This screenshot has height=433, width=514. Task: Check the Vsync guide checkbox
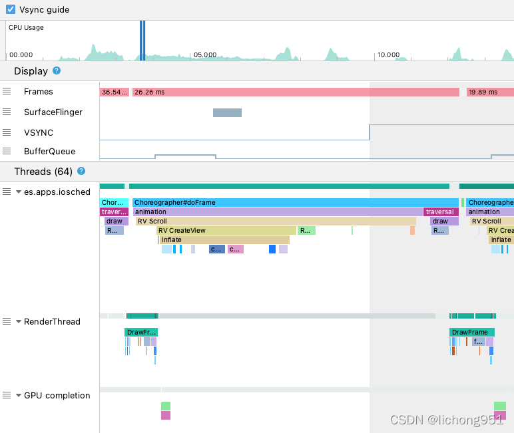coord(11,10)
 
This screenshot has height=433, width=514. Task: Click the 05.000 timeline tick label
coord(205,55)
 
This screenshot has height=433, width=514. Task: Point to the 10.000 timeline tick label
coord(388,55)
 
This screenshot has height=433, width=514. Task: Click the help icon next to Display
coord(57,71)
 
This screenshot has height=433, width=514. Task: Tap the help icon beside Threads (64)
coord(81,171)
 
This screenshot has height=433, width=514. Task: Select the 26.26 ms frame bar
coord(295,92)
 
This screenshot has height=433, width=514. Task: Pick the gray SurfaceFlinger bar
coord(227,112)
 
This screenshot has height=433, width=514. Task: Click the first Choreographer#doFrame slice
coord(295,202)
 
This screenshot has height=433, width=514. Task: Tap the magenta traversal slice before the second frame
coord(440,212)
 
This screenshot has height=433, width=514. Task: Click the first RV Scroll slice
coord(276,221)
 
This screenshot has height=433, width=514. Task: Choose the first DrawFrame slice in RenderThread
coord(140,332)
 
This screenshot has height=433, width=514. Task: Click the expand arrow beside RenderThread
coord(19,321)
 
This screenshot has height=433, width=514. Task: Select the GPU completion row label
coord(57,395)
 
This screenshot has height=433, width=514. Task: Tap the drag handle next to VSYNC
coord(7,132)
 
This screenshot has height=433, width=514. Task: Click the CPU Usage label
coord(26,28)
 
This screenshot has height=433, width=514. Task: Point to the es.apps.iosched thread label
coord(57,192)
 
